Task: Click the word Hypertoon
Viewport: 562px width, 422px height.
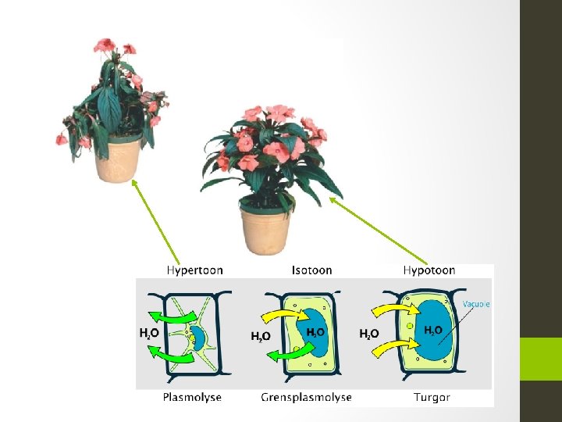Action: click(194, 270)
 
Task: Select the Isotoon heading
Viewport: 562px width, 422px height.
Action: click(311, 270)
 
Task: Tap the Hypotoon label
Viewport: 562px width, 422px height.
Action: click(429, 270)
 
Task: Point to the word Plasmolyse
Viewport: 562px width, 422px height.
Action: click(192, 397)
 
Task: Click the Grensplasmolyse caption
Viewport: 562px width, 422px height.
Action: click(306, 397)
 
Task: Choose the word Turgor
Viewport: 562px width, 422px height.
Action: click(432, 397)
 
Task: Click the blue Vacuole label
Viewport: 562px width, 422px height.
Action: click(476, 304)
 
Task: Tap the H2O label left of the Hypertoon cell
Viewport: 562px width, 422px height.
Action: click(150, 333)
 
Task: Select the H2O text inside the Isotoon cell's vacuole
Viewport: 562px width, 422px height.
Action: click(316, 332)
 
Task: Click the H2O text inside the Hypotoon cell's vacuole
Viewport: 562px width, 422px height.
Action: click(433, 331)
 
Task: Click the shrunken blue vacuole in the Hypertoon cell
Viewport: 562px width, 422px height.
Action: click(198, 338)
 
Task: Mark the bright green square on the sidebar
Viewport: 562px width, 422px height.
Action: click(541, 359)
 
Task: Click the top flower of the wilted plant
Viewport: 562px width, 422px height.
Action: click(105, 45)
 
